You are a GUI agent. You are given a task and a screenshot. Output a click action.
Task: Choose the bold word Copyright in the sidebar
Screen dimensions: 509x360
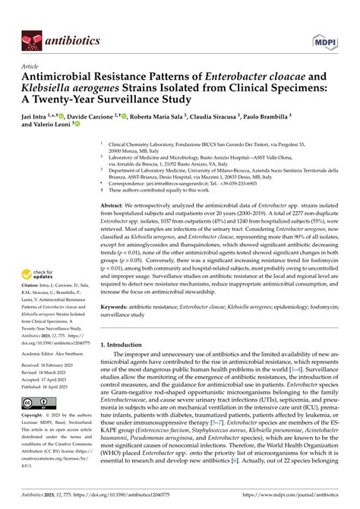[36, 416]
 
